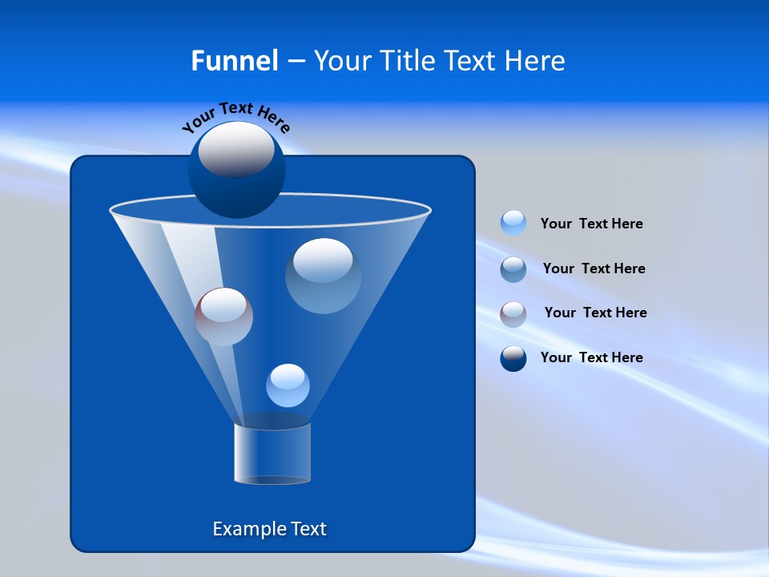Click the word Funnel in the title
(x=234, y=61)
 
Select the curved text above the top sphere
(x=236, y=117)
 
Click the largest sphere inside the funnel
(x=323, y=275)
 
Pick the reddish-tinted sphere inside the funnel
(x=223, y=317)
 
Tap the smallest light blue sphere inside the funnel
(x=288, y=385)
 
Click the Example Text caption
(x=269, y=529)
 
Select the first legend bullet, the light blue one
(x=513, y=223)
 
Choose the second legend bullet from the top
(x=513, y=268)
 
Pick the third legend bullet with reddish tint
(x=513, y=313)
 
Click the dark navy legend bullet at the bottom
(x=513, y=357)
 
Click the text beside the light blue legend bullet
(x=591, y=224)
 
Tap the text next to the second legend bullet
(x=594, y=268)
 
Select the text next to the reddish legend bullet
(x=595, y=313)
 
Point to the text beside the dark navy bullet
(x=591, y=357)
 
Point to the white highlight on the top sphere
(x=236, y=149)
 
